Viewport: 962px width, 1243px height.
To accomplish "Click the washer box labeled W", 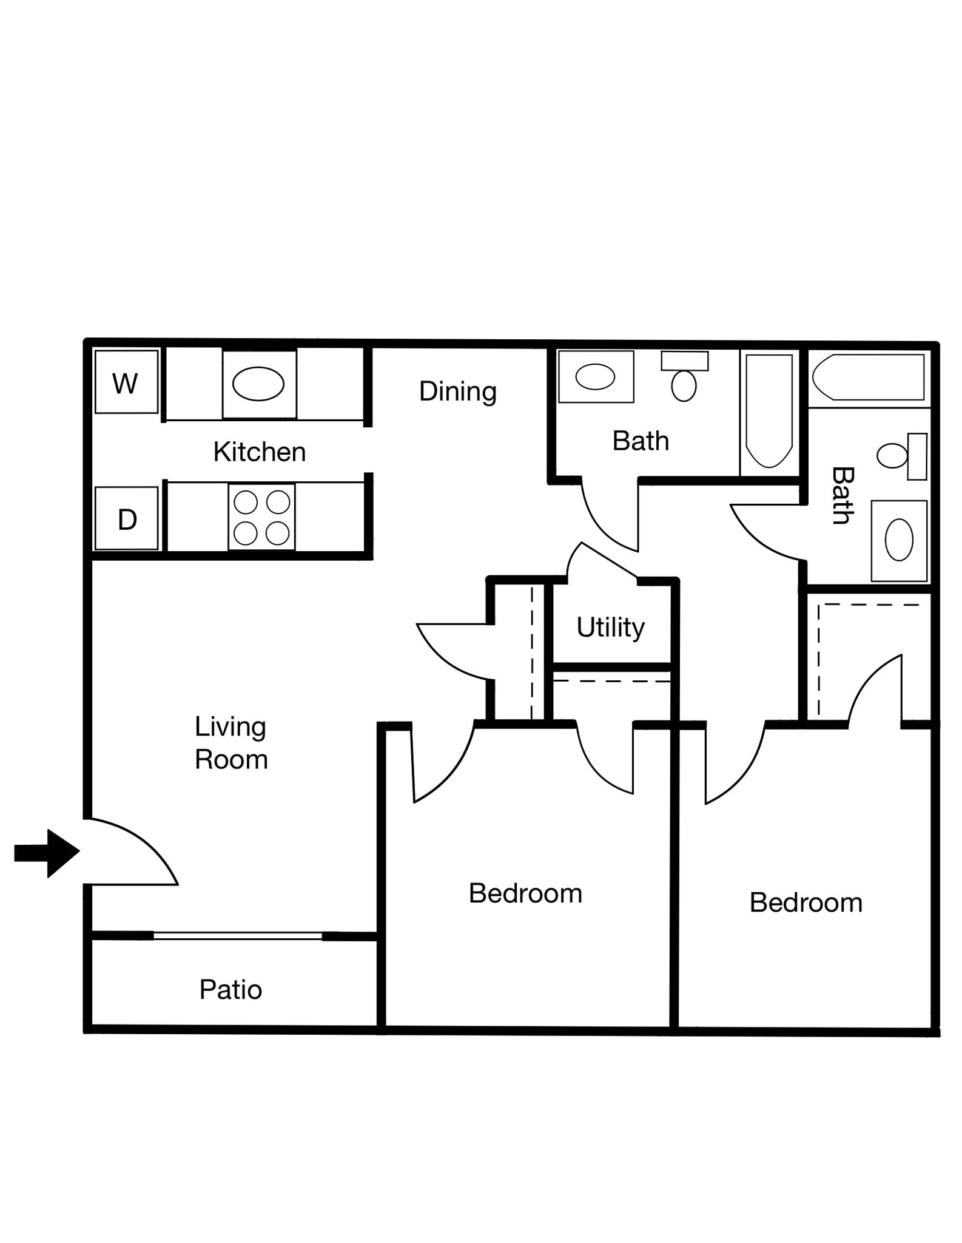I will pyautogui.click(x=126, y=382).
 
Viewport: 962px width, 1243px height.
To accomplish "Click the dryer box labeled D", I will pyautogui.click(x=127, y=519).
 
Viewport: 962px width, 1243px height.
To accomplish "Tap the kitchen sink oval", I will pyautogui.click(x=258, y=384).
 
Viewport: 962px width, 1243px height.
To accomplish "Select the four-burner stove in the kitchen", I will pyautogui.click(x=261, y=518).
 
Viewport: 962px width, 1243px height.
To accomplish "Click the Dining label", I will pyautogui.click(x=458, y=391).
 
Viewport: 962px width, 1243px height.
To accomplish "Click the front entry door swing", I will pyautogui.click(x=130, y=853).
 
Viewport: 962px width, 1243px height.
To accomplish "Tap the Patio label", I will pyautogui.click(x=230, y=990).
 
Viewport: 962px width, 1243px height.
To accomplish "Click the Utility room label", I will pyautogui.click(x=610, y=627).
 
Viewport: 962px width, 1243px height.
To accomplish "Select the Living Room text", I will pyautogui.click(x=230, y=743).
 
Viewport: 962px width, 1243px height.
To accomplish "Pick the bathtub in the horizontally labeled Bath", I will pyautogui.click(x=769, y=411).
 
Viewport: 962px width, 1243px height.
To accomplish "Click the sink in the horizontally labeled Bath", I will pyautogui.click(x=595, y=377).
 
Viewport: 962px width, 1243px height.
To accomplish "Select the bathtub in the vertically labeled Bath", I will pyautogui.click(x=868, y=377).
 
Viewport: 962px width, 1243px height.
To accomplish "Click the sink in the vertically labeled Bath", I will pyautogui.click(x=899, y=540).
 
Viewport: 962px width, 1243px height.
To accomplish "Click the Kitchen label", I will pyautogui.click(x=259, y=452).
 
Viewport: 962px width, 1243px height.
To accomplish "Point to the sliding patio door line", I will pyautogui.click(x=237, y=936).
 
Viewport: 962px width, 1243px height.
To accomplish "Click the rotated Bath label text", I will pyautogui.click(x=843, y=495).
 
